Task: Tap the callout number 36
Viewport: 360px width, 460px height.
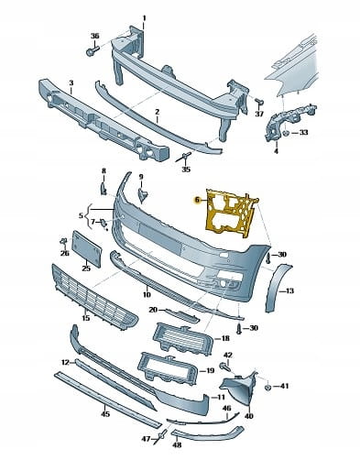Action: pyautogui.click(x=95, y=36)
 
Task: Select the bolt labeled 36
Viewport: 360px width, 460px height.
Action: pyautogui.click(x=93, y=50)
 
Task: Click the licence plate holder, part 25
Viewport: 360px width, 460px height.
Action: pyautogui.click(x=86, y=249)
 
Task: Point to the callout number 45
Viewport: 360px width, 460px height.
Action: pyautogui.click(x=105, y=414)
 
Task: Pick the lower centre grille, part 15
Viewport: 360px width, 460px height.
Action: pyautogui.click(x=94, y=297)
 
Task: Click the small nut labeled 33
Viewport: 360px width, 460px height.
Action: pyautogui.click(x=286, y=133)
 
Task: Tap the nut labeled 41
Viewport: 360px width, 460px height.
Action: pyautogui.click(x=268, y=388)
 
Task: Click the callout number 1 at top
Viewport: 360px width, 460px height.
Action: pyautogui.click(x=144, y=18)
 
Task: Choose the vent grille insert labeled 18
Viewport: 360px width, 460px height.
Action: pyautogui.click(x=182, y=339)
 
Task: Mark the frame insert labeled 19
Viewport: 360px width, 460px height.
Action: pyautogui.click(x=167, y=370)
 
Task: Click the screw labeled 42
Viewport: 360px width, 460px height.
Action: pyautogui.click(x=224, y=366)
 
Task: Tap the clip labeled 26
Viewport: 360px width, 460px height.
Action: pyautogui.click(x=64, y=242)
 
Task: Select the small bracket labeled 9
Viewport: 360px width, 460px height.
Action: pyautogui.click(x=142, y=195)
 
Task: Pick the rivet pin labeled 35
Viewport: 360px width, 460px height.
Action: pyautogui.click(x=184, y=157)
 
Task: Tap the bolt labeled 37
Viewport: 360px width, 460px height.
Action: pyautogui.click(x=259, y=103)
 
